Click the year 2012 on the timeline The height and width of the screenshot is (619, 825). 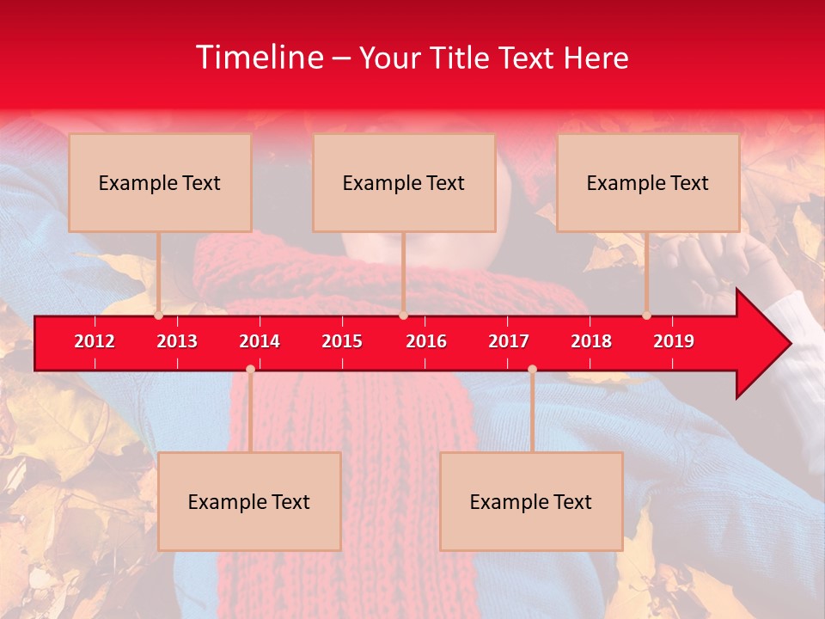click(95, 341)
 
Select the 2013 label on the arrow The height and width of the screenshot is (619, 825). click(177, 341)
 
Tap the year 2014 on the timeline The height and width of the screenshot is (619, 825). click(260, 341)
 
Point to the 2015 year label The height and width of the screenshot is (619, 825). click(342, 341)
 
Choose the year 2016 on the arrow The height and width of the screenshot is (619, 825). click(426, 341)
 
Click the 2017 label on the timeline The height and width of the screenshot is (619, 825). click(509, 341)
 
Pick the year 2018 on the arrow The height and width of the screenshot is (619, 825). click(591, 341)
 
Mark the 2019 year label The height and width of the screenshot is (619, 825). click(674, 341)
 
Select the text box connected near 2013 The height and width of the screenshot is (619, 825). click(160, 182)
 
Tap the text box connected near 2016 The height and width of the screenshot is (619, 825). click(404, 182)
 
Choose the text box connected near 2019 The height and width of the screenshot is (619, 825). click(648, 182)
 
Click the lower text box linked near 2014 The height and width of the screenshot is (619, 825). click(249, 501)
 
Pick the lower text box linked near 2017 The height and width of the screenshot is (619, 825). click(531, 501)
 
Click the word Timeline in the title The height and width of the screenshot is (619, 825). click(259, 58)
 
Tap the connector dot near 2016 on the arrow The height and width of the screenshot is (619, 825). click(403, 316)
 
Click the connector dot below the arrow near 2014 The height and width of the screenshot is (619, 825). click(250, 369)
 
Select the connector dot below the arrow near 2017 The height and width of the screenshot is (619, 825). click(532, 369)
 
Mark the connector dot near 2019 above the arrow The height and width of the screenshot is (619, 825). click(646, 316)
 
